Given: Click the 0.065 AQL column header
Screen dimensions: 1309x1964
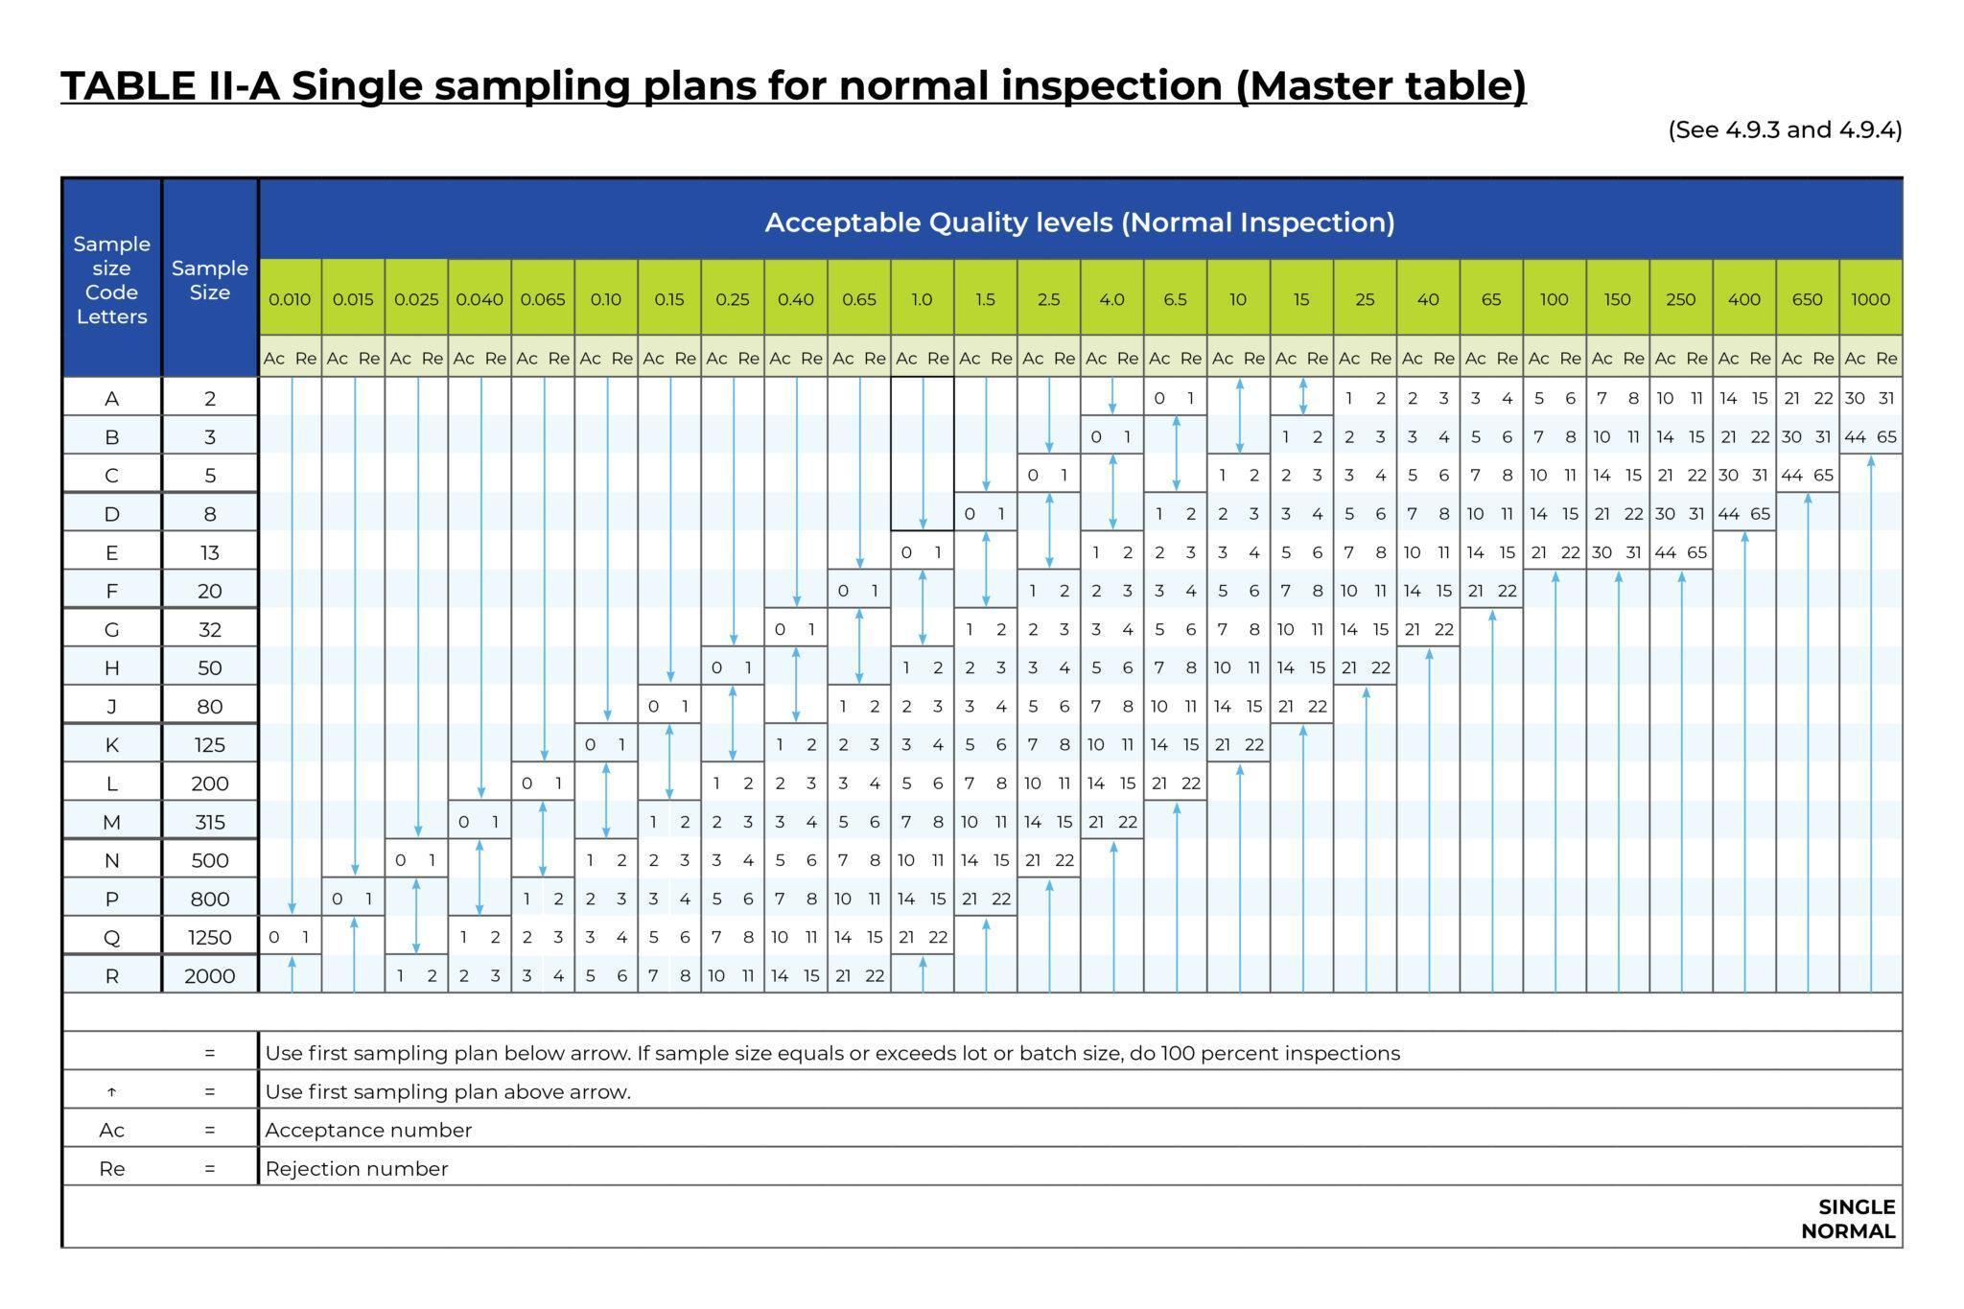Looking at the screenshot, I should [x=543, y=299].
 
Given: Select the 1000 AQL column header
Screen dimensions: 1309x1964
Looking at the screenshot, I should [x=1870, y=299].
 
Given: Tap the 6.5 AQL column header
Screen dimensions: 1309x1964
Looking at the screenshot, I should [x=1175, y=299].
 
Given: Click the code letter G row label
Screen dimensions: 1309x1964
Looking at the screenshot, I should [x=111, y=629].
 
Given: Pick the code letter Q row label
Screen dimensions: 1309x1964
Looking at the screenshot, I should [x=111, y=937].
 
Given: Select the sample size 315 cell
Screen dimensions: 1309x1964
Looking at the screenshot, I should [x=209, y=822].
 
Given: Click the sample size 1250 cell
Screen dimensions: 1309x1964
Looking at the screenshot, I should [x=209, y=937].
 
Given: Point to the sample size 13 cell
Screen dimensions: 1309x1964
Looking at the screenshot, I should [x=209, y=552].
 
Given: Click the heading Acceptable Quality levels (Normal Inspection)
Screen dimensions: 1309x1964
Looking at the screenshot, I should [x=1079, y=222].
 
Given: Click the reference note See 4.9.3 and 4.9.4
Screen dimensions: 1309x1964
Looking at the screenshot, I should [x=1785, y=129].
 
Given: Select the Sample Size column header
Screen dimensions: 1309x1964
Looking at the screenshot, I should [x=209, y=280].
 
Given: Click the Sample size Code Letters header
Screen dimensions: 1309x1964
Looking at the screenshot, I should [x=111, y=280].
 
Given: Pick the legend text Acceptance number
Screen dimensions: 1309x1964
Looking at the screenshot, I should [x=368, y=1130].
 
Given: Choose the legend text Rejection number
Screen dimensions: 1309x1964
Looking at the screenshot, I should [x=357, y=1169].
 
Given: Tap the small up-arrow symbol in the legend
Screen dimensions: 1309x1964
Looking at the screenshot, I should [x=111, y=1092].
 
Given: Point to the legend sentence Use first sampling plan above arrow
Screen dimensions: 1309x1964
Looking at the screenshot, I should [x=448, y=1091].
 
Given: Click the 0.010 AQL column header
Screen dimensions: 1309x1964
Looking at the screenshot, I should [x=290, y=299].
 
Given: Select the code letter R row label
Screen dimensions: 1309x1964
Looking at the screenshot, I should [x=111, y=975].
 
